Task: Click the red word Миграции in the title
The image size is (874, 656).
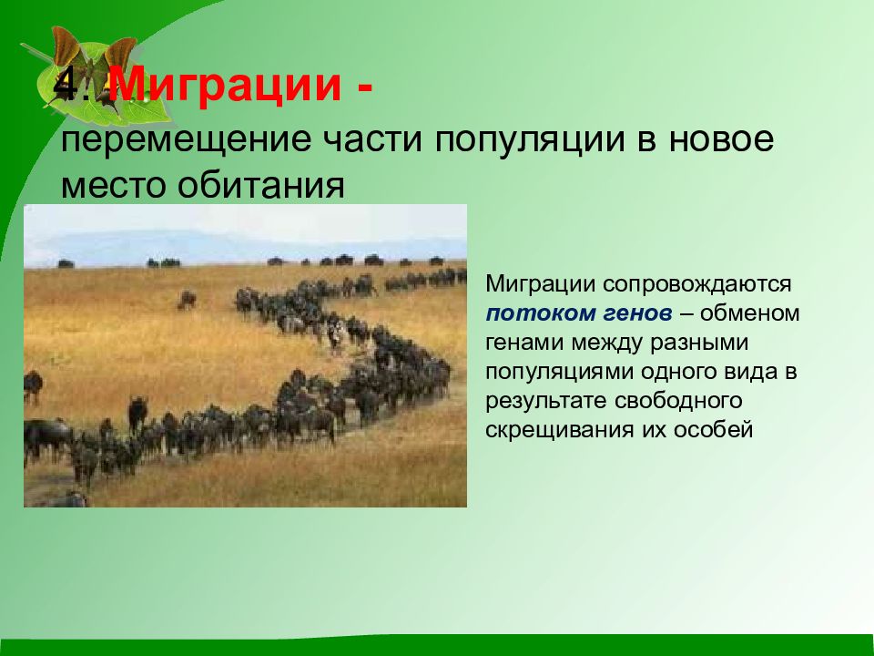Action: pos(224,86)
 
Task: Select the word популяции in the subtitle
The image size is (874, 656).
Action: pos(529,140)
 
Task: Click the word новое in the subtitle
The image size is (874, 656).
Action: pos(721,140)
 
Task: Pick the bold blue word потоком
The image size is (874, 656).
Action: pos(540,313)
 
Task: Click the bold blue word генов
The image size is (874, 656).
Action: pos(637,313)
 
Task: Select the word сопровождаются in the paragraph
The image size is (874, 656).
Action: pos(696,284)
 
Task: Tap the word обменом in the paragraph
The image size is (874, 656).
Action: pos(749,313)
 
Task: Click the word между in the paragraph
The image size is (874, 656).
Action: pos(609,343)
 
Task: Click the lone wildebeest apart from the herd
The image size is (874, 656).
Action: pos(187,300)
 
